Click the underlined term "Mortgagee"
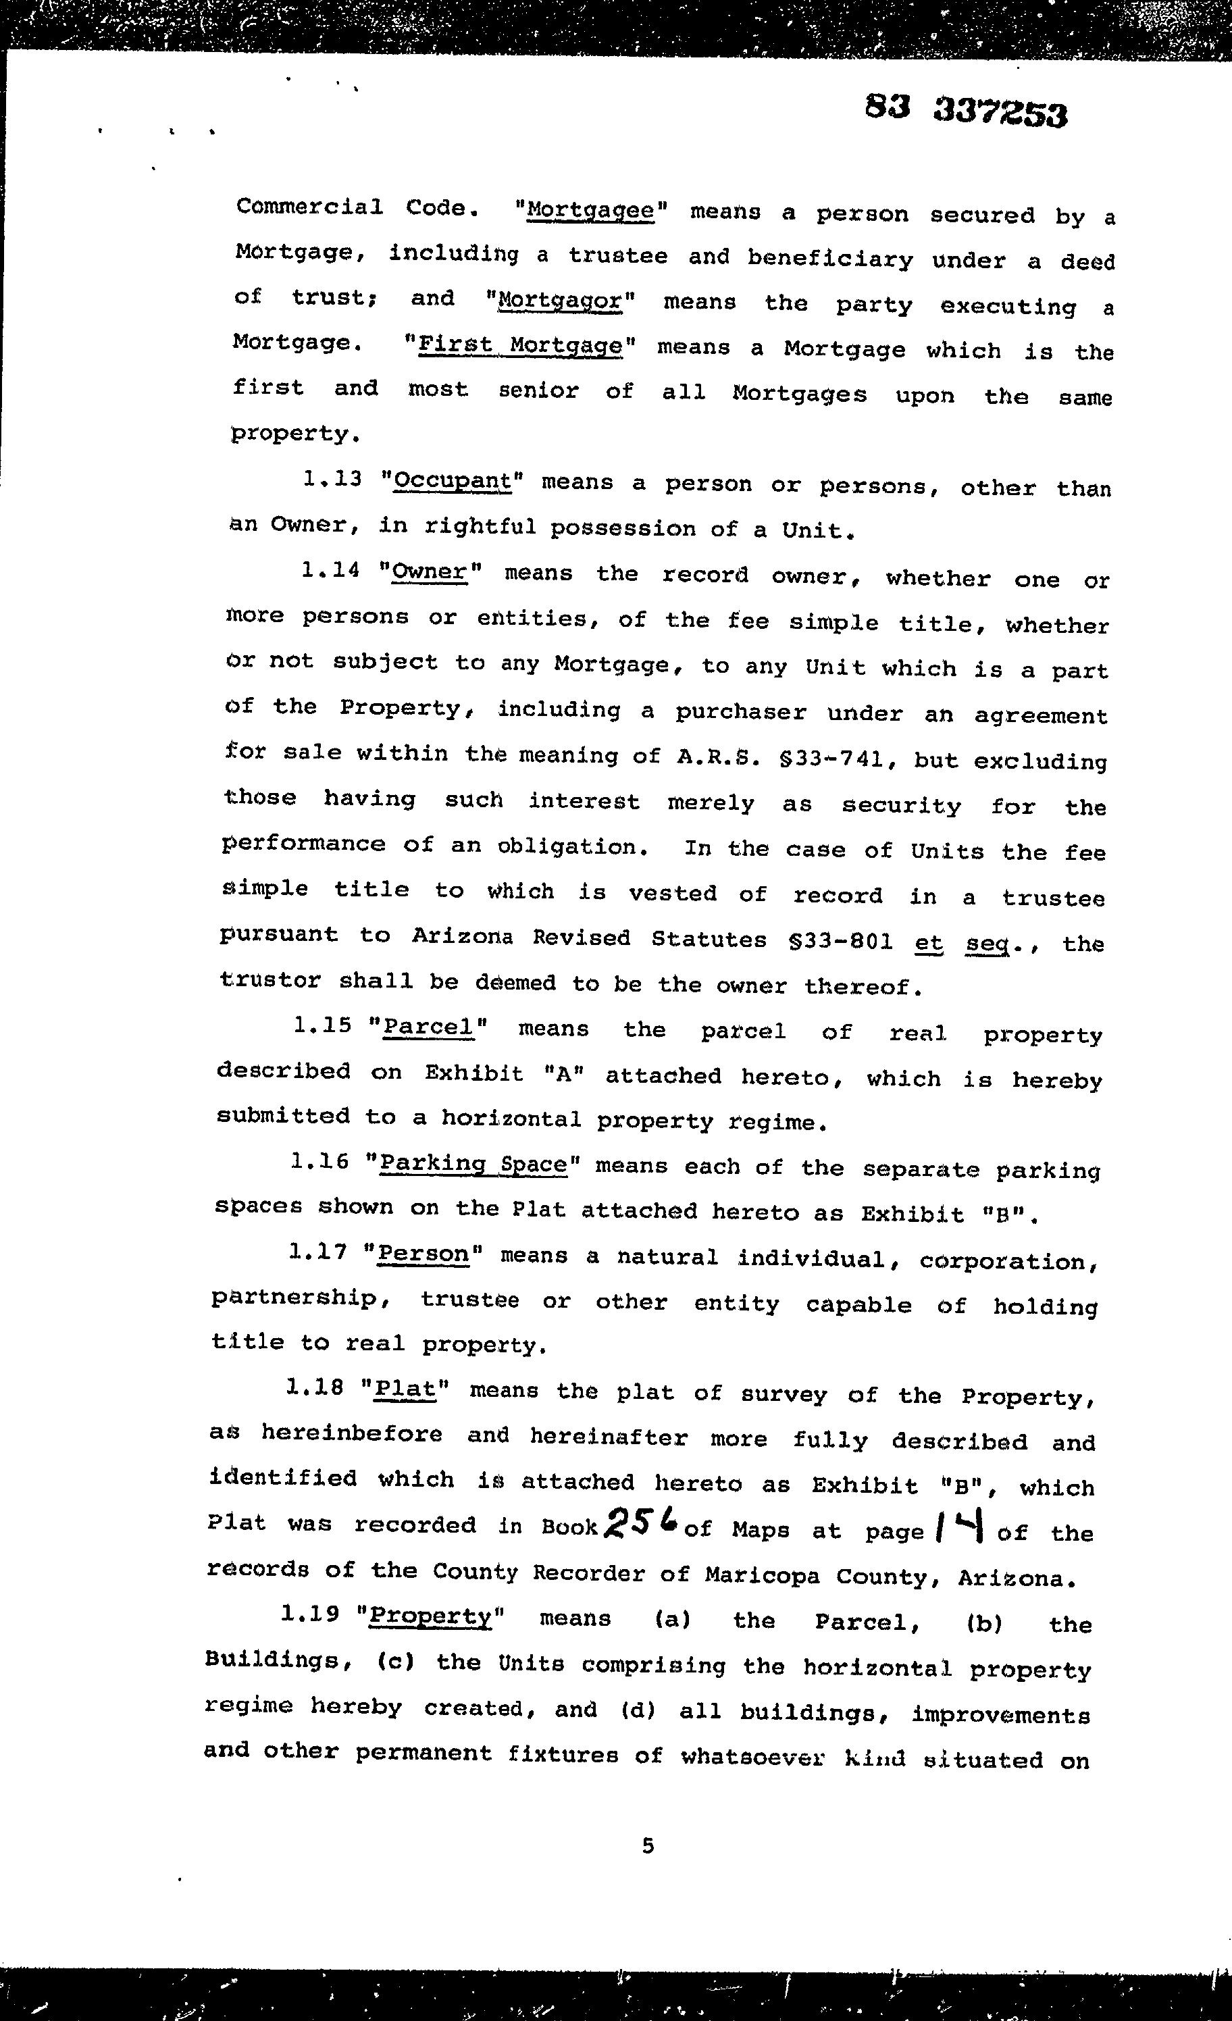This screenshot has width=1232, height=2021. click(590, 210)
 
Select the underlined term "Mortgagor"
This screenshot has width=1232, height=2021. click(561, 299)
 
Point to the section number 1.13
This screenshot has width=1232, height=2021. click(332, 478)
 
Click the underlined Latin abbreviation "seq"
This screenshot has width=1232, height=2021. click(985, 943)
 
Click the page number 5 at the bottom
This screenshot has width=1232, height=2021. click(648, 1845)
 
